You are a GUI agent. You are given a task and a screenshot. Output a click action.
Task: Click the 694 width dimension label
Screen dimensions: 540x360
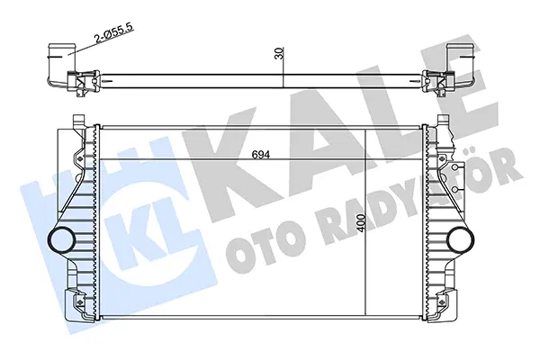pyautogui.click(x=261, y=155)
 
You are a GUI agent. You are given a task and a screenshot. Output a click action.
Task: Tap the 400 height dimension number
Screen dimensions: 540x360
pyautogui.click(x=361, y=223)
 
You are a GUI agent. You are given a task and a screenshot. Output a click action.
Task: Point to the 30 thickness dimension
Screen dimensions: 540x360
pyautogui.click(x=280, y=53)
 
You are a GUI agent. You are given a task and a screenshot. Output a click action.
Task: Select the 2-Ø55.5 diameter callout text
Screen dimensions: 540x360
pyautogui.click(x=113, y=34)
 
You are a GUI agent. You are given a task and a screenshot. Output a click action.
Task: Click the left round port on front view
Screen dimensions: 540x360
pyautogui.click(x=60, y=239)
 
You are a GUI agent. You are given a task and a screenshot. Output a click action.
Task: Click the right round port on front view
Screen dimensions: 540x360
pyautogui.click(x=461, y=239)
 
